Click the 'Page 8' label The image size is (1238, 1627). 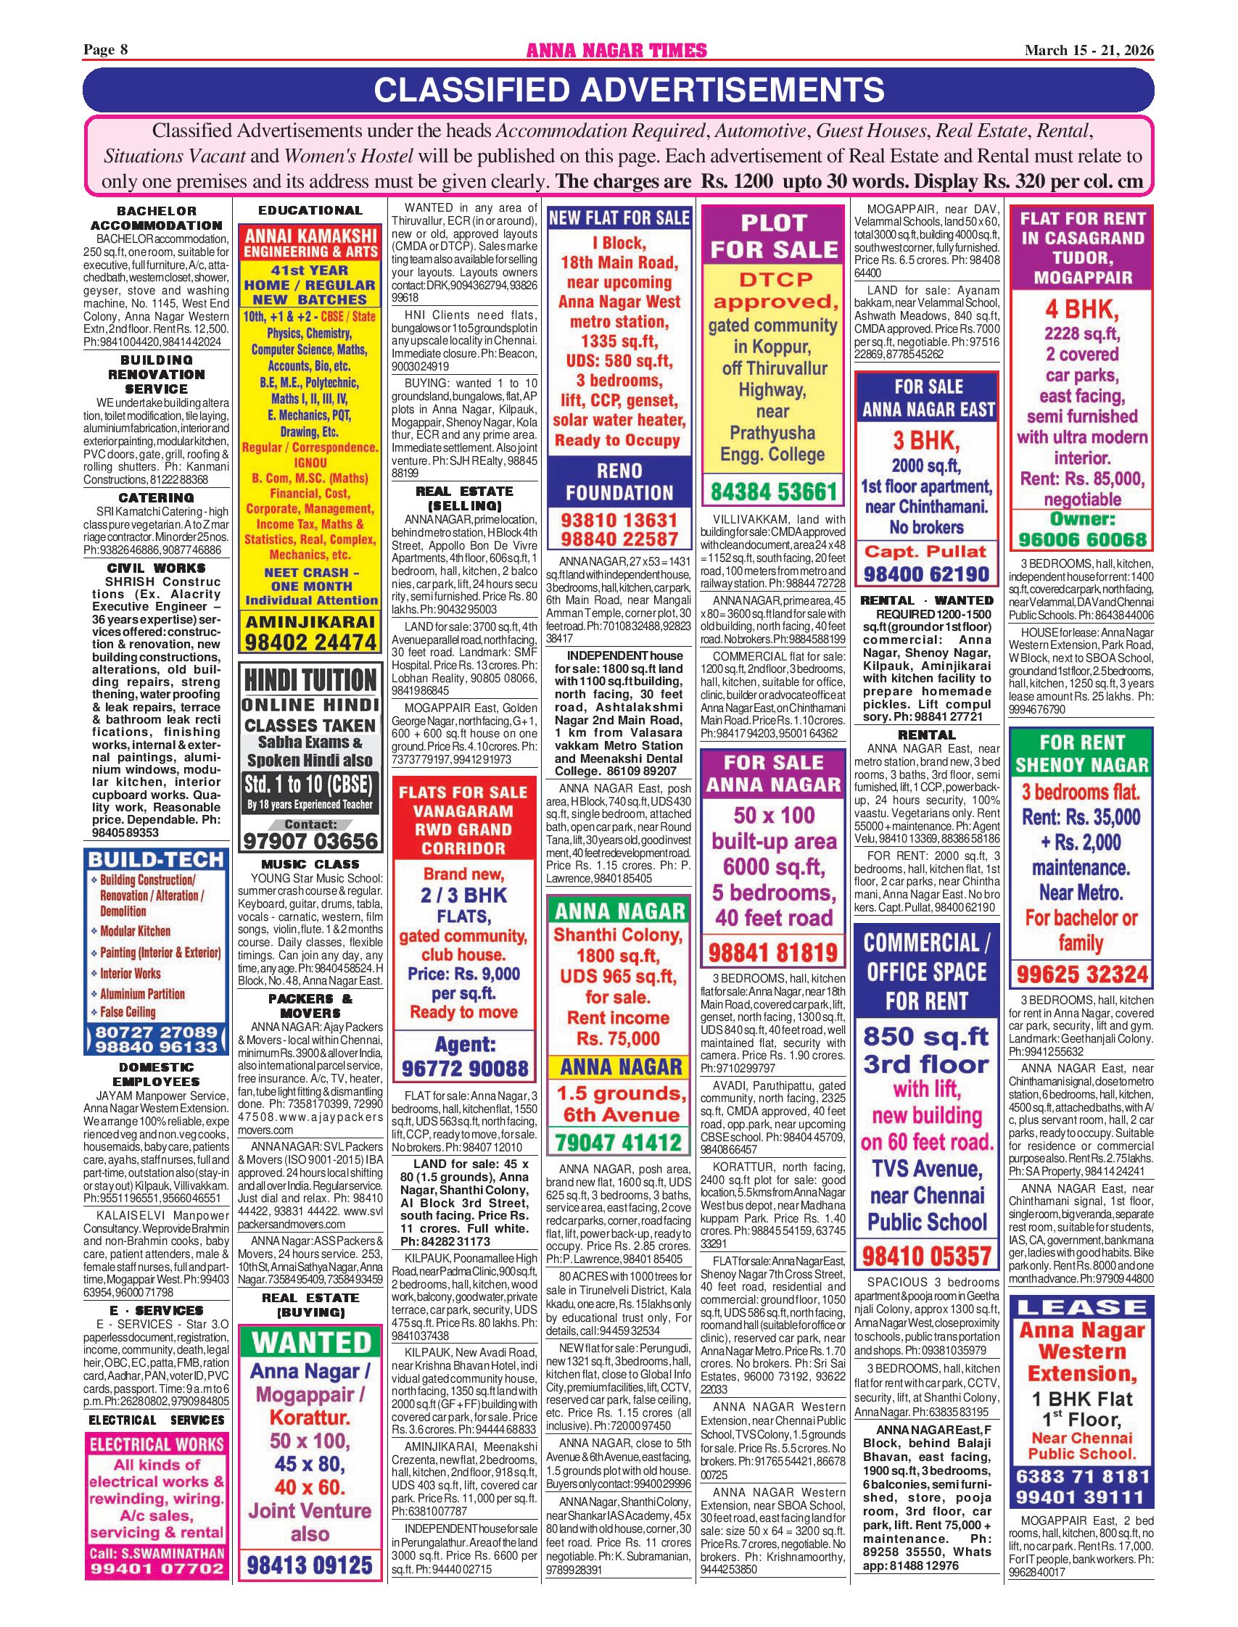(x=105, y=50)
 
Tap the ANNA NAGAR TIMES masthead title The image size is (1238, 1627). (x=616, y=50)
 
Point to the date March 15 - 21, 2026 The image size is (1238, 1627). (x=1089, y=50)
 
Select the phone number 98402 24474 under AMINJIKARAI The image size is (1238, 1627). (x=310, y=642)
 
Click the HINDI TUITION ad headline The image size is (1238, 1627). (x=310, y=680)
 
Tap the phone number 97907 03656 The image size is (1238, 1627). (x=310, y=840)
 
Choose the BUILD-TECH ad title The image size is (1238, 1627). (x=155, y=859)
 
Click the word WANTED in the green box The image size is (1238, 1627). (x=310, y=1342)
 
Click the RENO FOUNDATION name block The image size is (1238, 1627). (x=619, y=481)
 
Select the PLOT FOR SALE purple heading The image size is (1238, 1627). (x=773, y=236)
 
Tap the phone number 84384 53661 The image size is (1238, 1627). (x=773, y=491)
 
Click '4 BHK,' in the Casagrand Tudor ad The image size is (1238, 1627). (x=1082, y=308)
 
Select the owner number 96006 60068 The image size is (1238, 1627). (x=1082, y=539)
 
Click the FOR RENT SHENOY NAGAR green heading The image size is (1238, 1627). (x=1082, y=753)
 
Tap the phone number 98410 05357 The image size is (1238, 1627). (x=926, y=1254)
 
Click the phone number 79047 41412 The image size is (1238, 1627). (x=619, y=1143)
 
